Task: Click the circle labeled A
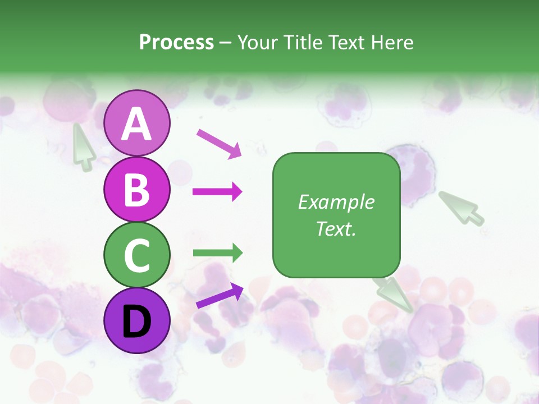(137, 123)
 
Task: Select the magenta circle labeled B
(137, 189)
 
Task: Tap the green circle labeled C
(137, 255)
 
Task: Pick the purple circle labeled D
(137, 320)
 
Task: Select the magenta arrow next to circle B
(217, 192)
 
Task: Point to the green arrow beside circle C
(217, 253)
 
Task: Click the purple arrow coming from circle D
(220, 296)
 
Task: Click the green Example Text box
(336, 215)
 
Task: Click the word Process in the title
(176, 42)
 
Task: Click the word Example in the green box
(336, 202)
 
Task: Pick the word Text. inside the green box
(336, 228)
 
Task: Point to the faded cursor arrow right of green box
(462, 208)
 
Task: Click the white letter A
(137, 124)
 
